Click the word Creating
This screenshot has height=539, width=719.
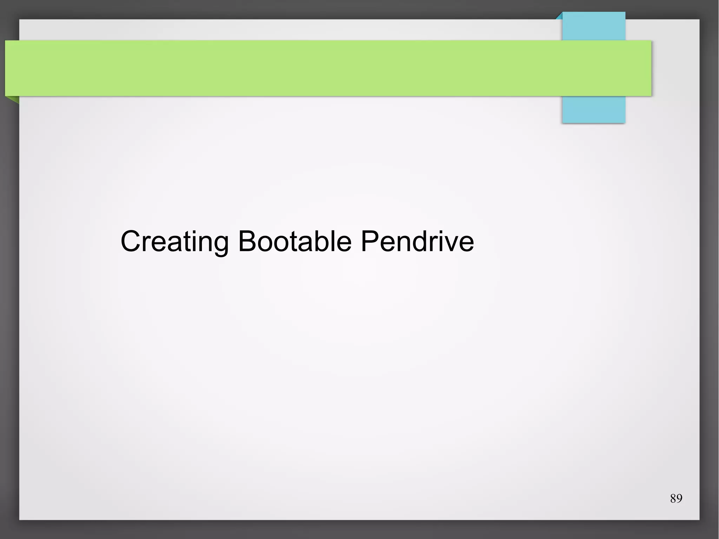[174, 242]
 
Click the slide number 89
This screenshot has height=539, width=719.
[676, 499]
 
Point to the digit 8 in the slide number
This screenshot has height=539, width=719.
[673, 499]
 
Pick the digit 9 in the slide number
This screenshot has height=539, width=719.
[679, 499]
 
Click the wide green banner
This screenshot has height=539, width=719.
[316, 68]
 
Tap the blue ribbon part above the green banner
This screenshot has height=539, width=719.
[593, 26]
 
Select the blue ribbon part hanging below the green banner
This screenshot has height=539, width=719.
[593, 110]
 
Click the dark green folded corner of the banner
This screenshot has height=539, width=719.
[13, 99]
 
